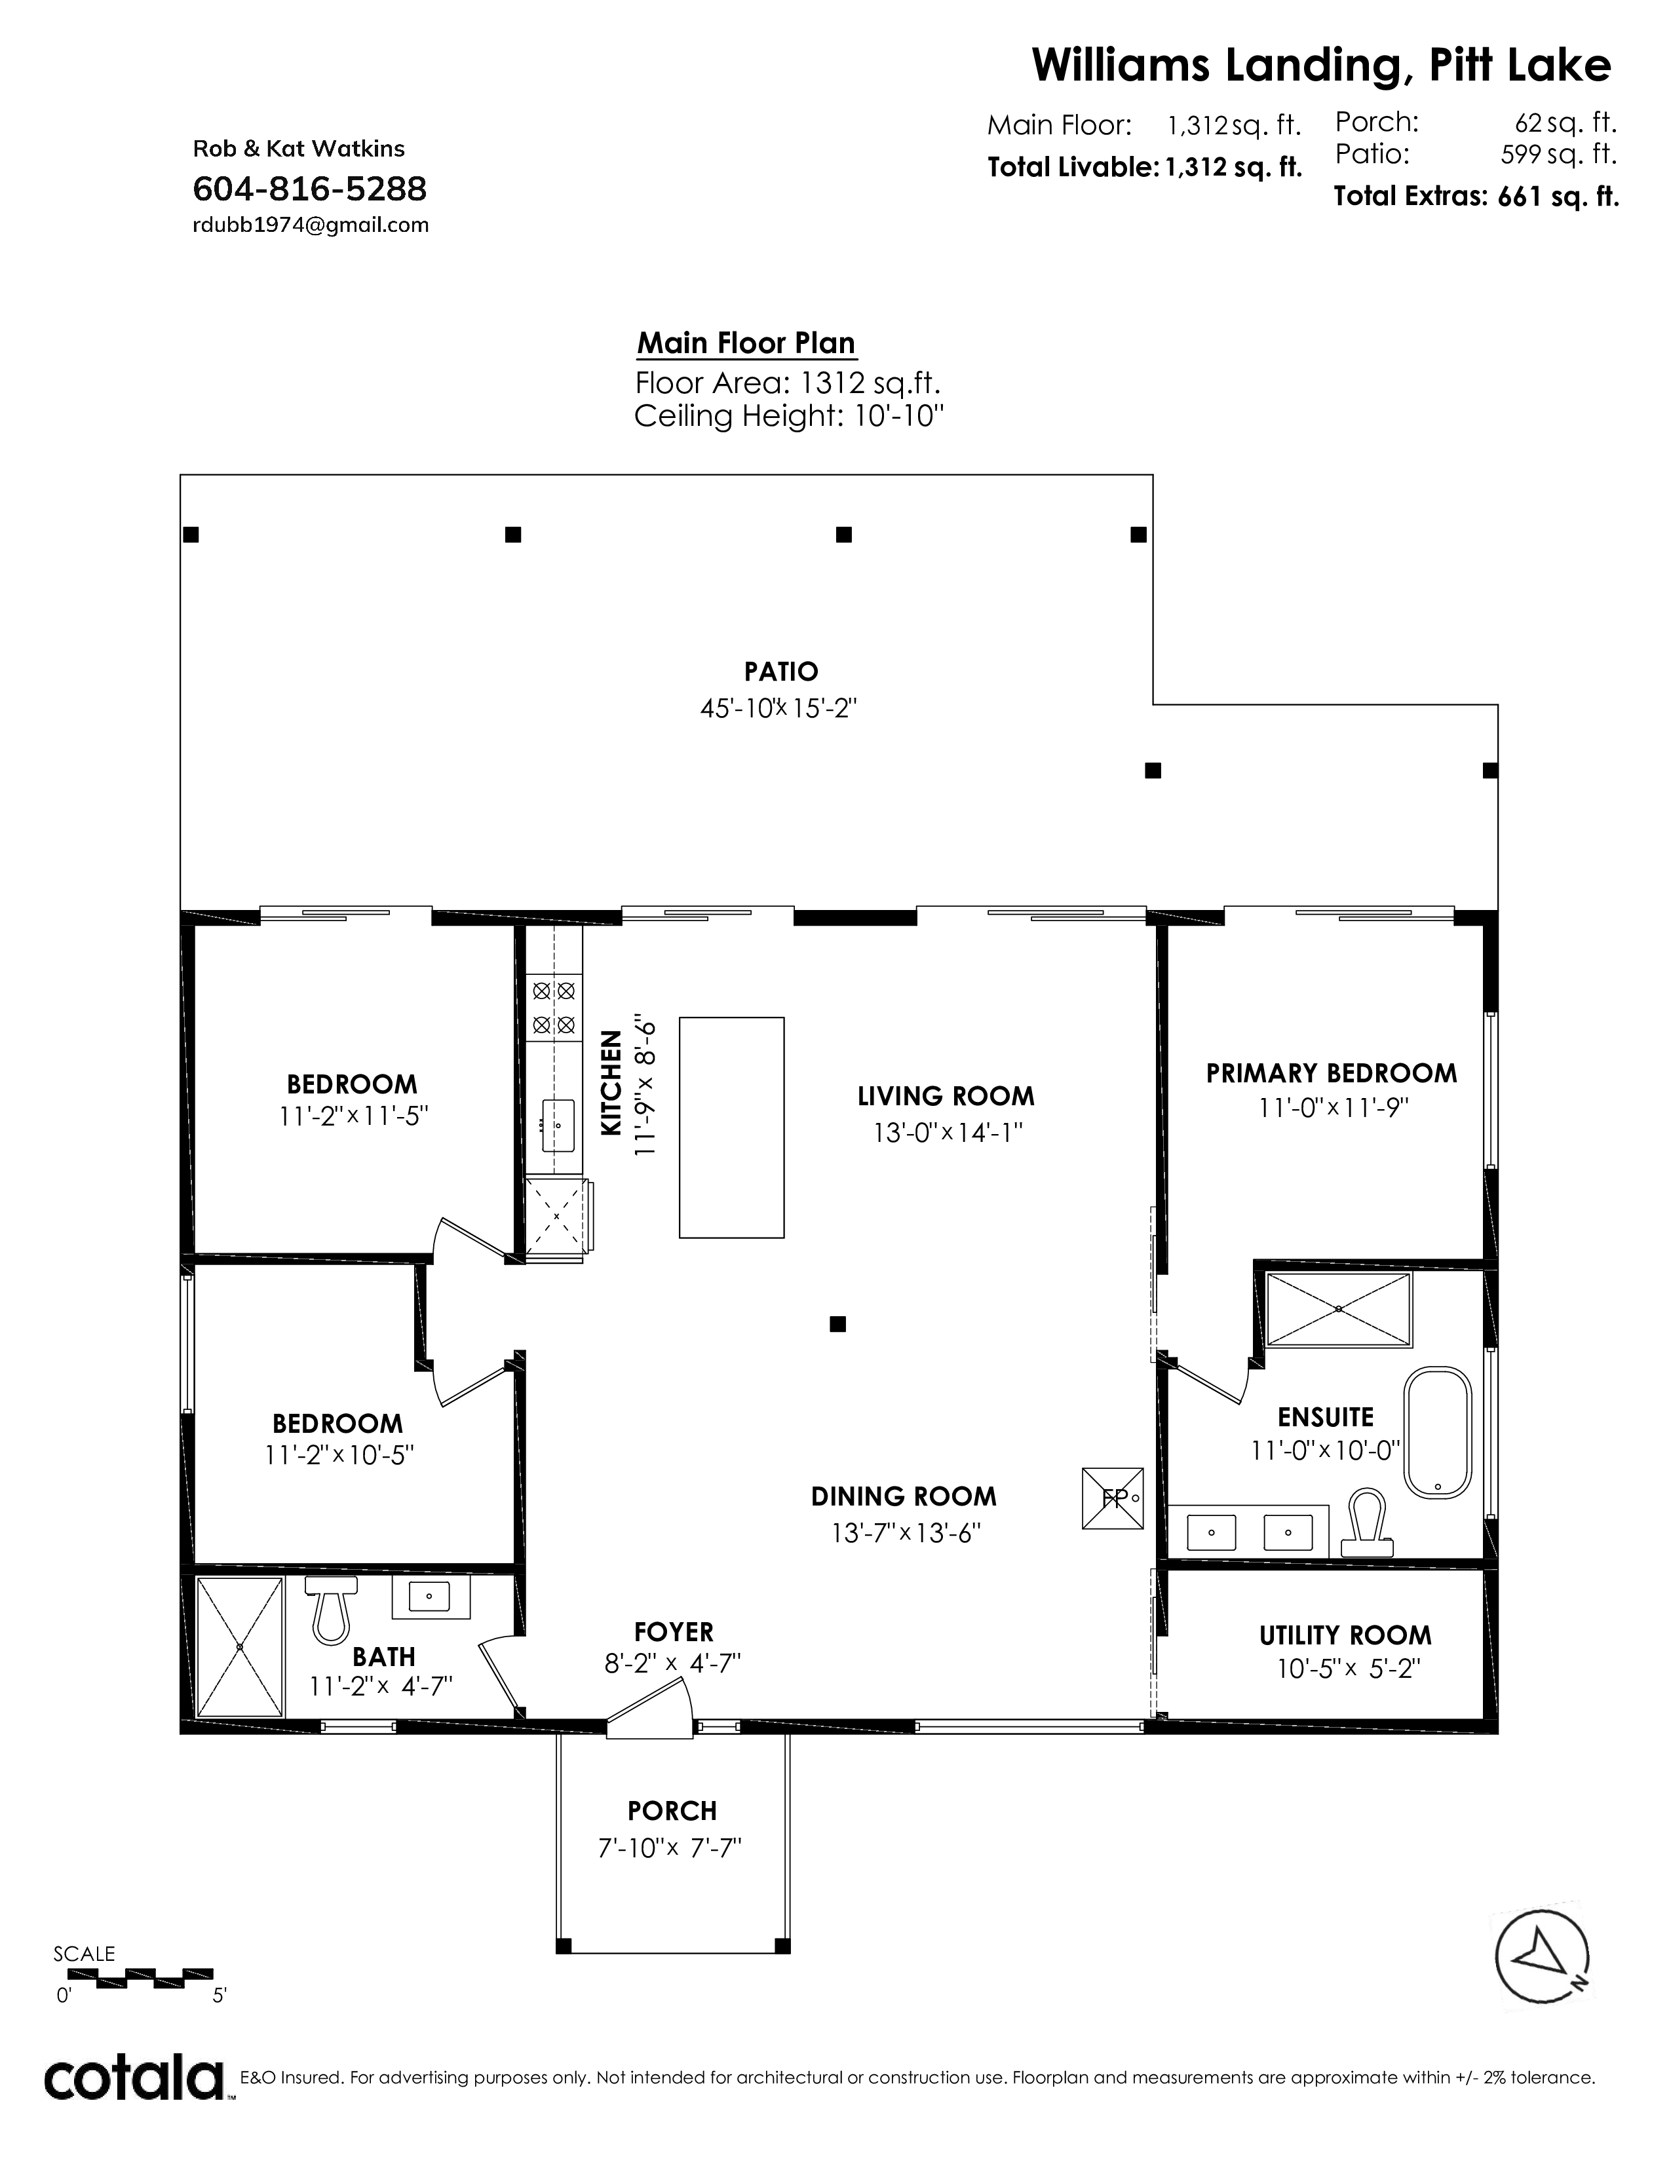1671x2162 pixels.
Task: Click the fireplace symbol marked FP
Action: coord(1113,1498)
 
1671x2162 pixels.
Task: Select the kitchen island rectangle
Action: coord(731,1127)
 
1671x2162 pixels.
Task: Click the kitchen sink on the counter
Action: coord(558,1126)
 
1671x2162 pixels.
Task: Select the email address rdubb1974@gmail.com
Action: coord(310,225)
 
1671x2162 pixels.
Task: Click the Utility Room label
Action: coord(1345,1635)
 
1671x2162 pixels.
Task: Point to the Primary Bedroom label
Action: coord(1332,1073)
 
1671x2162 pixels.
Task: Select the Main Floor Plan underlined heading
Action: coord(746,343)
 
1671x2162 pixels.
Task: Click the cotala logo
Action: coord(134,2078)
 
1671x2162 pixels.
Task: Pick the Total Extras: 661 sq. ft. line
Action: coord(1476,196)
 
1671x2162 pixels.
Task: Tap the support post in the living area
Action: coord(837,1323)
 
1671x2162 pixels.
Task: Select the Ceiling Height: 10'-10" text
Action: coord(789,416)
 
